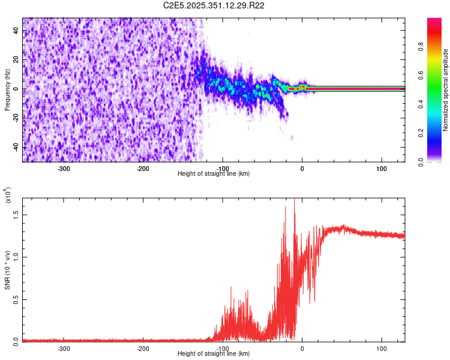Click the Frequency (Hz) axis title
(7, 89)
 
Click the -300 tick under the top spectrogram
(64, 169)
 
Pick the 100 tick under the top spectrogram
(381, 169)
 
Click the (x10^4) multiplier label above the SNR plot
(7, 195)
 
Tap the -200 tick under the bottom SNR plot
(143, 349)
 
